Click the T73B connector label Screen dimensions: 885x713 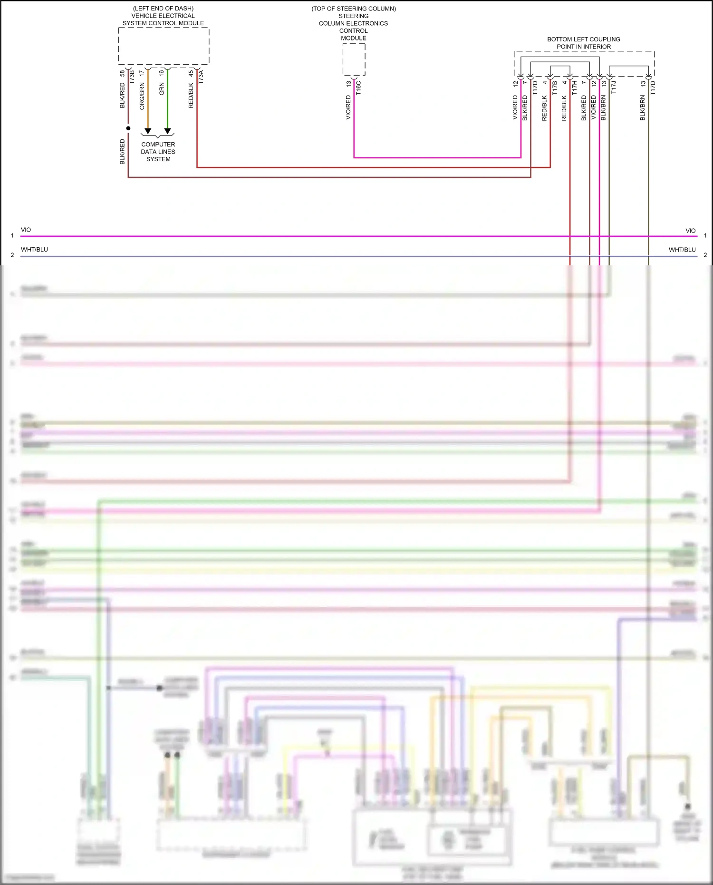click(x=132, y=77)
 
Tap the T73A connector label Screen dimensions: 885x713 click(x=201, y=77)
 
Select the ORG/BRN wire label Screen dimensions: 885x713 click(x=142, y=96)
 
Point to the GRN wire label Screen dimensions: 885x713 click(x=162, y=89)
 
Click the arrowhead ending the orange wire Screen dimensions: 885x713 click(x=148, y=131)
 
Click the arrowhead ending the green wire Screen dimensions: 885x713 click(x=167, y=131)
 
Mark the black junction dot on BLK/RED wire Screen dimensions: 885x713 click(x=128, y=128)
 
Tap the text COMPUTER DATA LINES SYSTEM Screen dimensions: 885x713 click(x=158, y=152)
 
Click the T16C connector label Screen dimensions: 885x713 click(x=358, y=88)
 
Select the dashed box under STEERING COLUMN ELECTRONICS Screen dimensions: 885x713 click(x=354, y=59)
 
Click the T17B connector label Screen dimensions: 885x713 click(x=554, y=88)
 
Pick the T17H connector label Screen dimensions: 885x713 click(x=574, y=88)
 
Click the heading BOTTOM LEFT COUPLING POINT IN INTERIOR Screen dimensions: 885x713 click(x=584, y=43)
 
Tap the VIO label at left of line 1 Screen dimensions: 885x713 click(x=26, y=230)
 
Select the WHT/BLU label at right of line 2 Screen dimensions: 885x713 click(x=682, y=250)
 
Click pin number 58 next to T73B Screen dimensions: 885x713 click(x=122, y=73)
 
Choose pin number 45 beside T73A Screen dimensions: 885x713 click(x=191, y=73)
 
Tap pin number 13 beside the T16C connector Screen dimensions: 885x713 click(x=348, y=83)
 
